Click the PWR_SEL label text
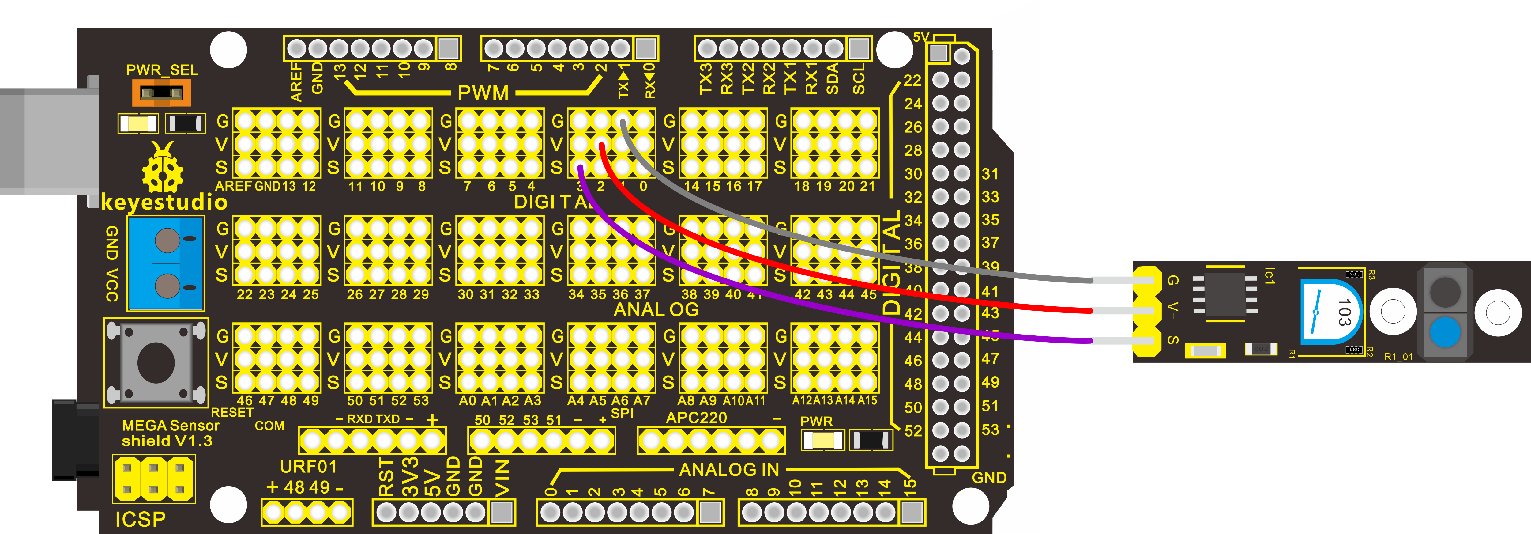tap(162, 70)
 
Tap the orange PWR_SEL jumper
tap(161, 93)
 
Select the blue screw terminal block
tap(166, 263)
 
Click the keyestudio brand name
tap(164, 202)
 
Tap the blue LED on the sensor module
tap(1445, 332)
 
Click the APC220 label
tap(696, 418)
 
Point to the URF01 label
tap(308, 467)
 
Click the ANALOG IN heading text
tap(729, 470)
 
